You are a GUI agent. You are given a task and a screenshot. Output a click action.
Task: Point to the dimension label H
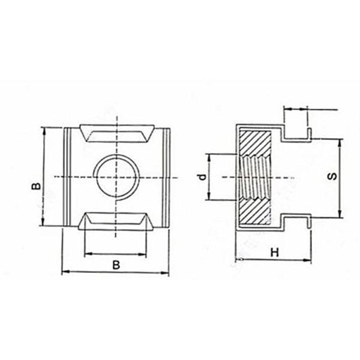[274, 253]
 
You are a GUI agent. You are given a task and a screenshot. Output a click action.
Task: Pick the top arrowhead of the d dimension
[208, 156]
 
